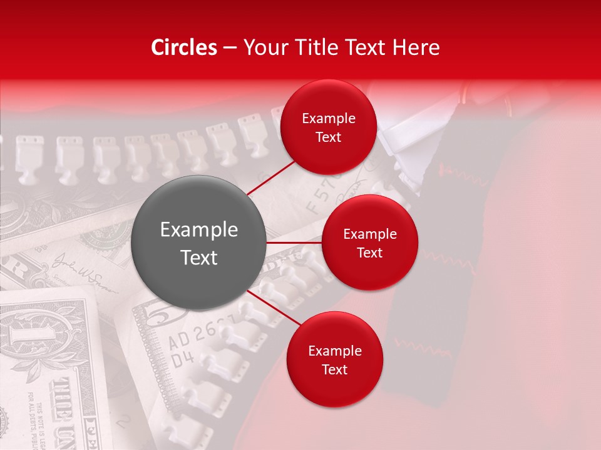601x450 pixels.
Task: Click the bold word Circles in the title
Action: coord(184,47)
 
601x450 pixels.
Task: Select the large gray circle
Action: coord(199,243)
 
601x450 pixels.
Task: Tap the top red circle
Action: coord(328,127)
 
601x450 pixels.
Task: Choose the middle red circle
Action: coord(369,242)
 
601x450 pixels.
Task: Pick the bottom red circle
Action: coord(334,359)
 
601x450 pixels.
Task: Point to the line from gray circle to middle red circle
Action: coord(294,242)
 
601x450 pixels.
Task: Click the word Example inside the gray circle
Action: coord(199,230)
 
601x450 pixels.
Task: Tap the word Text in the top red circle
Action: coord(328,137)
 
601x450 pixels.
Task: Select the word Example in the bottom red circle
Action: coord(334,351)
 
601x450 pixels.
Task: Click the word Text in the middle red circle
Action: coord(369,252)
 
